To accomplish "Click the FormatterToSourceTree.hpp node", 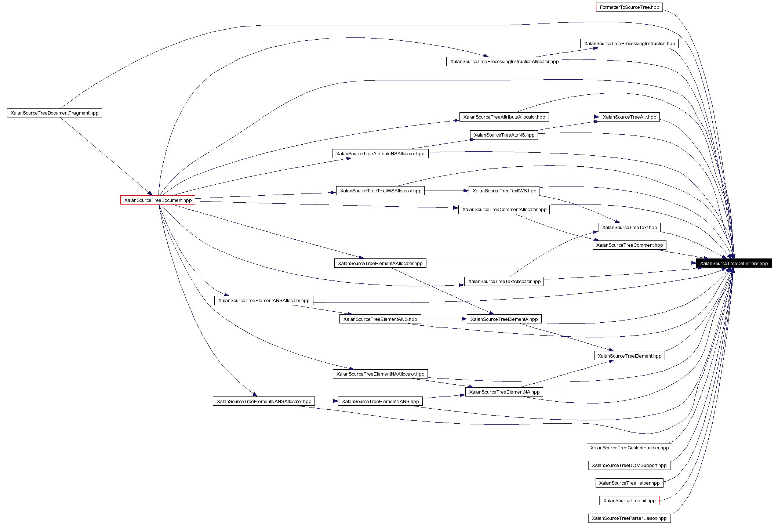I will coord(629,7).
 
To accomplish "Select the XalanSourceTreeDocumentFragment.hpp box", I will coord(54,113).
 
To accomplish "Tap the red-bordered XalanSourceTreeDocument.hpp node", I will coord(158,200).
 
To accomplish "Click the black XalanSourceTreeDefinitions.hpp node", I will coord(734,264).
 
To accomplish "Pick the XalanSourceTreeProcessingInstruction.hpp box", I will coord(629,44).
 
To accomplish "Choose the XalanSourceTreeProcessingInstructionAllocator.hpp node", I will coord(504,62).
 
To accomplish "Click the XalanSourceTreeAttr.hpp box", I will coord(629,117).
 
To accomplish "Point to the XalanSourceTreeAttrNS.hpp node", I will coord(504,135).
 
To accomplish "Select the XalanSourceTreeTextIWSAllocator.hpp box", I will coord(380,191).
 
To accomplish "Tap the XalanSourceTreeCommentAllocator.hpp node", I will coord(504,210).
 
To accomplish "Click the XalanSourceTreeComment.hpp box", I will coord(629,245).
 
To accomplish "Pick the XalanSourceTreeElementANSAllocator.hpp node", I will coord(264,301).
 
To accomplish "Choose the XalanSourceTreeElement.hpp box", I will coord(629,356).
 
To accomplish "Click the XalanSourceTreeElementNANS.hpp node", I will coord(380,402).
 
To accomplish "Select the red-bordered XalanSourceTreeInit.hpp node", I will coord(629,501).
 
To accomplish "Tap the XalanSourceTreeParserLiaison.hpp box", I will coord(629,518).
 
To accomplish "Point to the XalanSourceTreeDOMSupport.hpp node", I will coord(629,466).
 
